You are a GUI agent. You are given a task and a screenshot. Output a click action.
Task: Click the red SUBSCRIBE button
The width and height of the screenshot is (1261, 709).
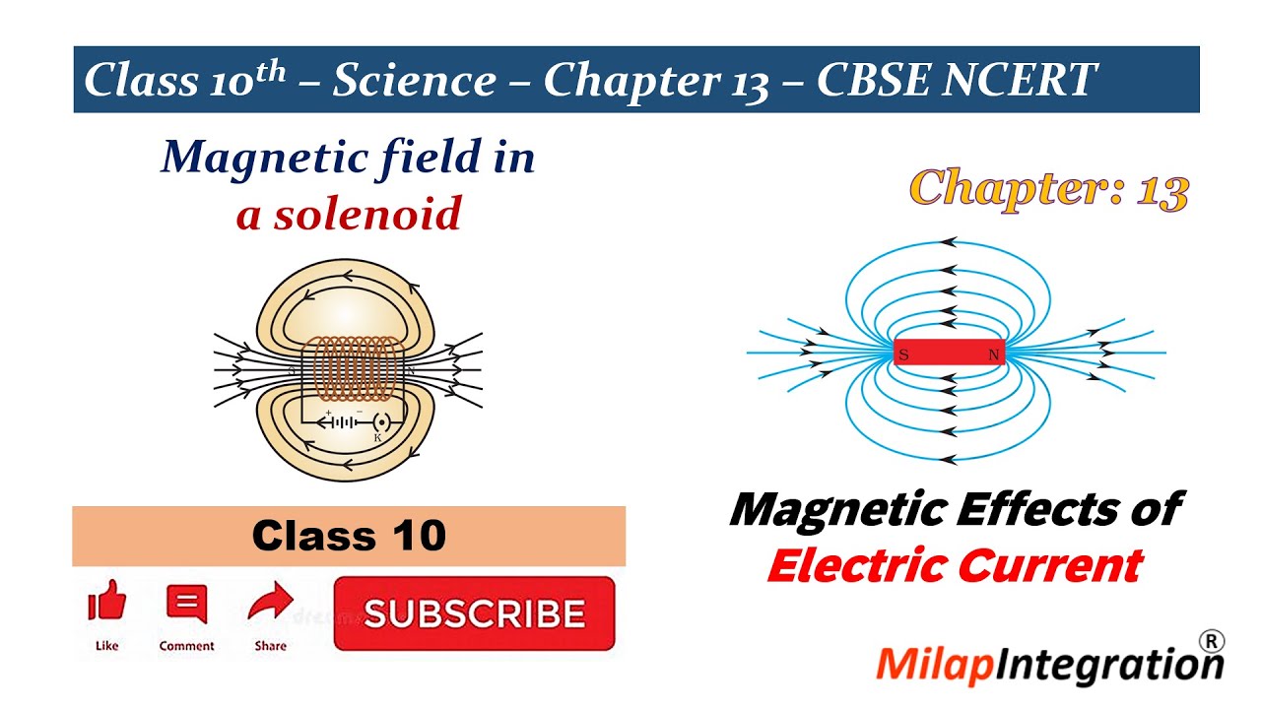474,613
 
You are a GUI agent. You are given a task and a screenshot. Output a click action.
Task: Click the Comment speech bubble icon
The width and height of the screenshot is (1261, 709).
187,604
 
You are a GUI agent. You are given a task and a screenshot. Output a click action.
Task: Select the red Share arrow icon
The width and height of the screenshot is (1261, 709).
270,602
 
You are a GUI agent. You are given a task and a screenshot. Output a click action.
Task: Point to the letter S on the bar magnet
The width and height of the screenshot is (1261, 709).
903,354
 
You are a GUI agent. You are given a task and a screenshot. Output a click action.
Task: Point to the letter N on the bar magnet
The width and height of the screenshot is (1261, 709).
992,354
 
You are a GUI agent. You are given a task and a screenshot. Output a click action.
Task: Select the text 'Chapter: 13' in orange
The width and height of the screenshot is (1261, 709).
1048,189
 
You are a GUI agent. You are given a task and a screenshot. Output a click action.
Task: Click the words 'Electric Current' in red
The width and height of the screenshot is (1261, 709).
955,565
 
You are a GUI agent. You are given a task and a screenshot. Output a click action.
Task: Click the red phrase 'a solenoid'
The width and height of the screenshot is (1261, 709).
348,214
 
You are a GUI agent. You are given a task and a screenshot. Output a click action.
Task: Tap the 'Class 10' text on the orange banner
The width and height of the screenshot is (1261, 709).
349,536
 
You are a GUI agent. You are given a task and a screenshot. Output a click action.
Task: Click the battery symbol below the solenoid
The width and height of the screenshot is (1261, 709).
341,421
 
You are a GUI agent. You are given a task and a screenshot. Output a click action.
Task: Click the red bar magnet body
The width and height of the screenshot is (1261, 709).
948,354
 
